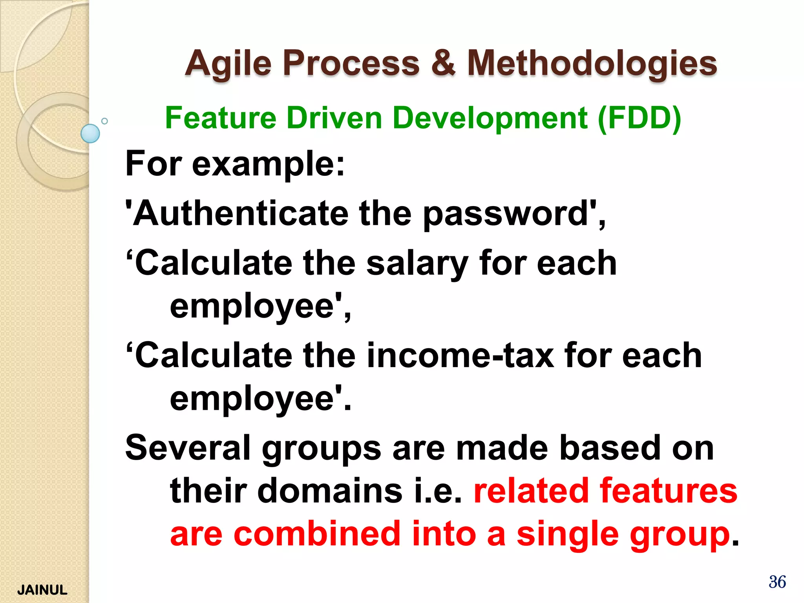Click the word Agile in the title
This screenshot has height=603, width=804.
pos(228,64)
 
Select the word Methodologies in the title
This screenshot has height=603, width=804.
pos(592,64)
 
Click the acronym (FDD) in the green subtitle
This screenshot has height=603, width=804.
pos(640,118)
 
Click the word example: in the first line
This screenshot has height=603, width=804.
pos(268,164)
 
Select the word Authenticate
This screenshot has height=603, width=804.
pos(241,214)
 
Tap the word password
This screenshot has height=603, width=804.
pos(505,214)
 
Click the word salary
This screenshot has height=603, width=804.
pos(417,264)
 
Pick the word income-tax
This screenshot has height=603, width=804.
pos(460,356)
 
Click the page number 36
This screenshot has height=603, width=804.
pos(777,582)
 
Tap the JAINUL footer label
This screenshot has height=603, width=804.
pos(42,590)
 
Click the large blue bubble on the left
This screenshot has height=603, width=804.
pos(90,133)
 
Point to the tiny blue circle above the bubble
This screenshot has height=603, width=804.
pos(104,121)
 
